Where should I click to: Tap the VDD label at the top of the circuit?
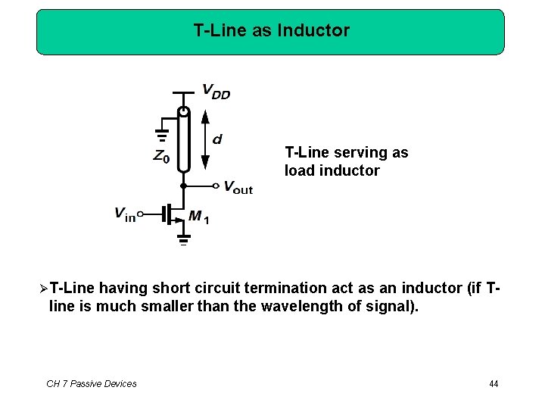[216, 92]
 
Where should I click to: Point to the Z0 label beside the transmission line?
[160, 158]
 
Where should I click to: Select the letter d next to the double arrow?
[217, 139]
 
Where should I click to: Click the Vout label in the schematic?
[238, 188]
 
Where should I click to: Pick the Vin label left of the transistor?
[124, 214]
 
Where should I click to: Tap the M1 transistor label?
[199, 217]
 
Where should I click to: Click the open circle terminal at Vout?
[216, 186]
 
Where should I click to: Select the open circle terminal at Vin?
[141, 214]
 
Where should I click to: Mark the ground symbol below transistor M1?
[182, 242]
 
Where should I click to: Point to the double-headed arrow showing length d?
[204, 139]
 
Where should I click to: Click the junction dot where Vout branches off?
[182, 186]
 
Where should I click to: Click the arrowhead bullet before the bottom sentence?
[43, 289]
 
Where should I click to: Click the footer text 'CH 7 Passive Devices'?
[92, 384]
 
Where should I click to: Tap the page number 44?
[494, 384]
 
